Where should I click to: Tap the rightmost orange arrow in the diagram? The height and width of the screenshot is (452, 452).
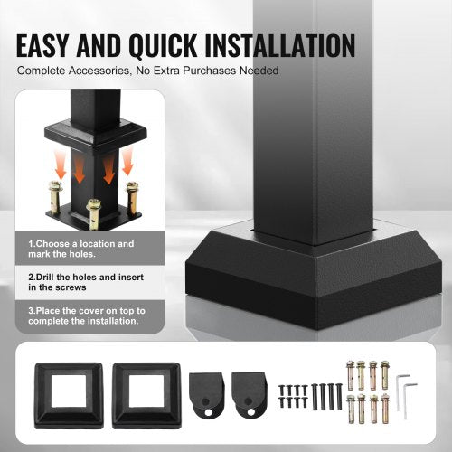click(x=127, y=163)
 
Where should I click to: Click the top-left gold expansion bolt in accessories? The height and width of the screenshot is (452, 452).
click(x=351, y=372)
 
